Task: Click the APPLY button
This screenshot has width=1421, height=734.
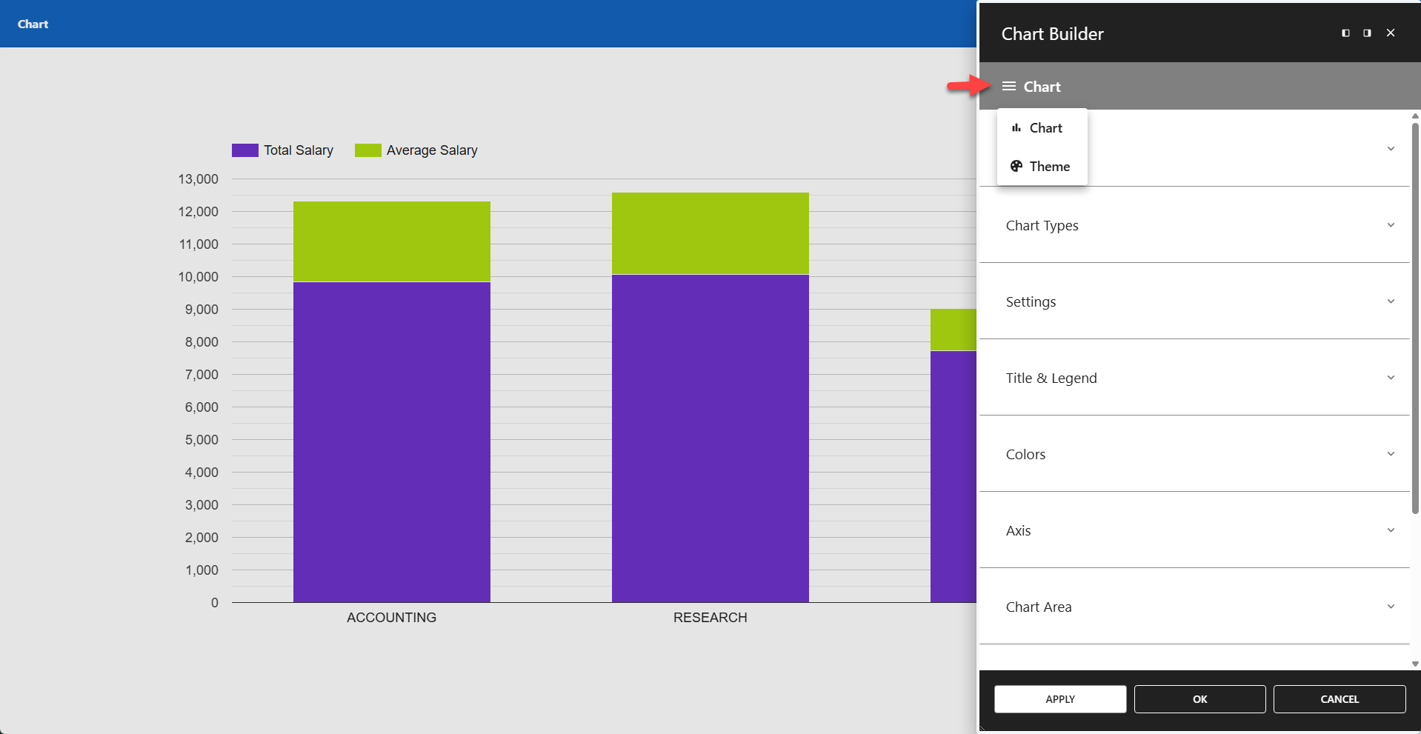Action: point(1059,699)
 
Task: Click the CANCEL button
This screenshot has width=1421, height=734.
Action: point(1339,699)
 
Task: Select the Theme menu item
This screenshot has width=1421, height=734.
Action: point(1042,167)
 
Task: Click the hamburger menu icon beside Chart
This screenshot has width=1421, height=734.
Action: point(1008,87)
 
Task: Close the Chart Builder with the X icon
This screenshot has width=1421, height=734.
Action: point(1391,33)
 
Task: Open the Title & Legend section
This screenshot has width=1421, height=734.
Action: point(1051,378)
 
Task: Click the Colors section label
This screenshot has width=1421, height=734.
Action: point(1025,454)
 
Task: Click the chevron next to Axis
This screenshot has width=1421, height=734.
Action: point(1391,530)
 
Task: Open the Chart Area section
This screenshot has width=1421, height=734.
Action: point(1038,607)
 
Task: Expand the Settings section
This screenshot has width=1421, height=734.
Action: point(1031,301)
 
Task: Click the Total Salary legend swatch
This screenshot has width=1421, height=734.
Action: point(244,150)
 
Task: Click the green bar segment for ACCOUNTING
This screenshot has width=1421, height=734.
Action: point(391,241)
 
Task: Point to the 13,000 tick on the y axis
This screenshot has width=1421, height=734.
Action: point(198,179)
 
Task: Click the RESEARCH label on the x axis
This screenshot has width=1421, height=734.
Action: point(710,618)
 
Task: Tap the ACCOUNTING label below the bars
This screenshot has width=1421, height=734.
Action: point(391,618)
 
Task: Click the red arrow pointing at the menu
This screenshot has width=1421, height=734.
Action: point(968,86)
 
